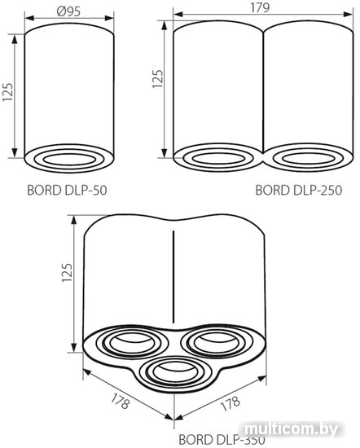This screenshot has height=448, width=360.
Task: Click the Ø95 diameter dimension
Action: point(69,11)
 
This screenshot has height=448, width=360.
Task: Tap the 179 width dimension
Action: point(260,7)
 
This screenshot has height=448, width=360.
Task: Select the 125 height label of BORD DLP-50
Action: point(8,92)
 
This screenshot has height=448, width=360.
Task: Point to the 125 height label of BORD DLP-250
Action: point(157,78)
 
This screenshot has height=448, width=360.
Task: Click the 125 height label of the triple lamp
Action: point(67,272)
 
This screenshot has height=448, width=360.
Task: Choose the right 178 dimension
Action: point(230,403)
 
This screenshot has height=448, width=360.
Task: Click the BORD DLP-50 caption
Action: point(67,190)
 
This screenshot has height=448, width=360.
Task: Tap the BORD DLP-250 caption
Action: point(299,190)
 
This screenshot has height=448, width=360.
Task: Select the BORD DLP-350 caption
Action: point(222,439)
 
